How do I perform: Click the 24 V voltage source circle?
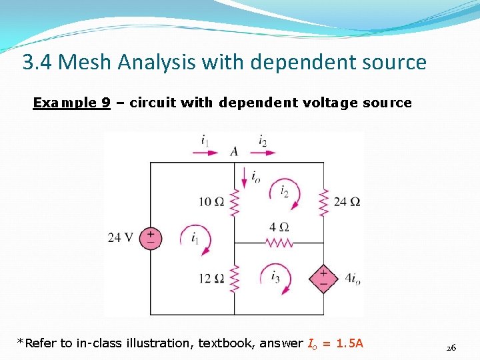tap(151, 238)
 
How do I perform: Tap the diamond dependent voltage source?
tap(324, 279)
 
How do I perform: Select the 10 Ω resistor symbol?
tap(234, 201)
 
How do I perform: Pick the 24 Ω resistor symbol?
tap(324, 201)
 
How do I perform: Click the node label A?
tap(234, 152)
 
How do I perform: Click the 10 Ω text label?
tap(211, 201)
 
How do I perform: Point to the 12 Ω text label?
tap(211, 277)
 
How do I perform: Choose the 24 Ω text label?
tap(347, 201)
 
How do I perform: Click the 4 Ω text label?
tap(279, 227)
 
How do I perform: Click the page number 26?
tap(451, 347)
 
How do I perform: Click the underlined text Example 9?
tap(72, 103)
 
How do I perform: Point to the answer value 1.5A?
tap(350, 343)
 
